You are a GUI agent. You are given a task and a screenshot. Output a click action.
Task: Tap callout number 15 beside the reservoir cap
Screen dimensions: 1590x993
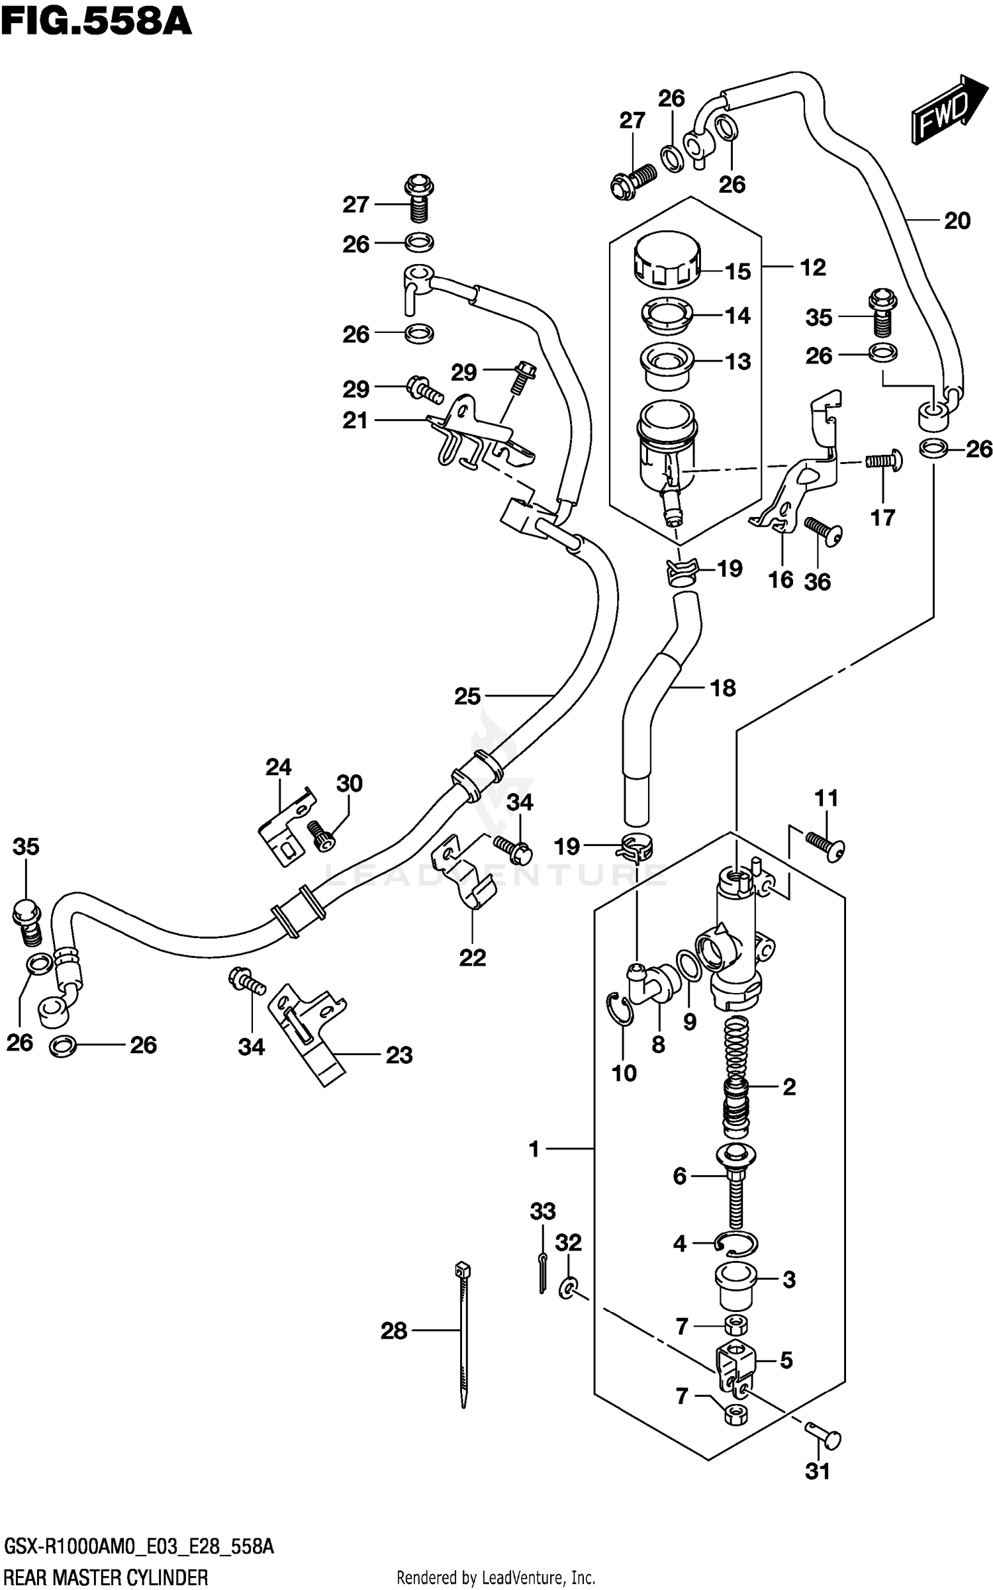coord(737,271)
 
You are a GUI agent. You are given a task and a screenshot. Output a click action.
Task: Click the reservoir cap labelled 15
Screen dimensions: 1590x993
coord(666,260)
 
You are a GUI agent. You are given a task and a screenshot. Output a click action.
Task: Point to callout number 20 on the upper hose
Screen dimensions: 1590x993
coord(957,220)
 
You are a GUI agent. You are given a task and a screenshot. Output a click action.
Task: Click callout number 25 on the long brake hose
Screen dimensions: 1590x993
coord(467,696)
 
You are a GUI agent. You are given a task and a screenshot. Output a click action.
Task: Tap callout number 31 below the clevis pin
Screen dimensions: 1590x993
coord(818,1472)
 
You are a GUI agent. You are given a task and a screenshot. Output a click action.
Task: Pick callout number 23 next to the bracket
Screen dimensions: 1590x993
coord(399,1054)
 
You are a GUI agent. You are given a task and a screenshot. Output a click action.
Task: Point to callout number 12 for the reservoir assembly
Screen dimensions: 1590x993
coord(813,267)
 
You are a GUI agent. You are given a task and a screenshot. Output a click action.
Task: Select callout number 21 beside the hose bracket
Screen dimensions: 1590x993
coord(355,420)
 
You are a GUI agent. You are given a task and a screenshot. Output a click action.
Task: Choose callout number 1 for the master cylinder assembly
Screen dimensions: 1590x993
coord(534,1149)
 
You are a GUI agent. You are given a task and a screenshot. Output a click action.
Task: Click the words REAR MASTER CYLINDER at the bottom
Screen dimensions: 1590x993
coord(106,1577)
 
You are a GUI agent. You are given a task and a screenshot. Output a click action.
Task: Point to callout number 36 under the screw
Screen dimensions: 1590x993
coord(817,582)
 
